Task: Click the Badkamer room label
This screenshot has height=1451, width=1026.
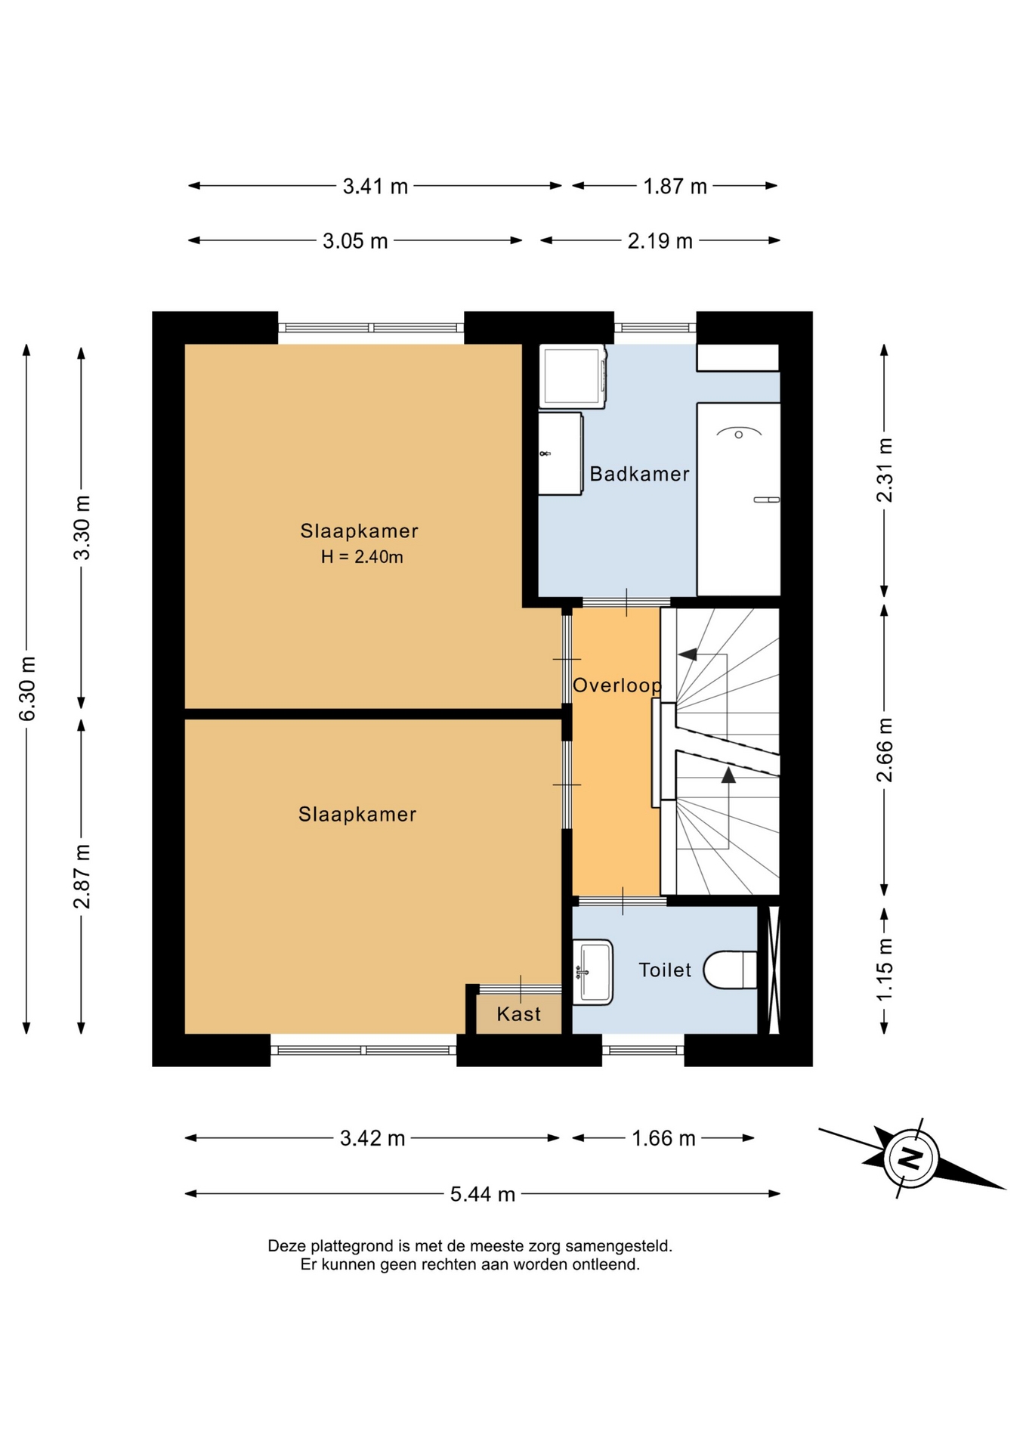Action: [x=639, y=474]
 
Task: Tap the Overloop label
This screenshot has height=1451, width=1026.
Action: [x=617, y=685]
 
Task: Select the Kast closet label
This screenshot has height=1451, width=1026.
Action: [x=518, y=1014]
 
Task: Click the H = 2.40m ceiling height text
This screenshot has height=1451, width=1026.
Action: [x=362, y=557]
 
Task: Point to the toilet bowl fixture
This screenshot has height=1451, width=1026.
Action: [x=730, y=970]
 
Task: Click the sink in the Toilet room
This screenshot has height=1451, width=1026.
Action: [x=592, y=972]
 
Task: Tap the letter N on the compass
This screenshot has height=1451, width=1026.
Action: [x=911, y=1157]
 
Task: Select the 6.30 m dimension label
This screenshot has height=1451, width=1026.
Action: [x=27, y=688]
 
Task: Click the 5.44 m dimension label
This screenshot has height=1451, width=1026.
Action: [x=483, y=1194]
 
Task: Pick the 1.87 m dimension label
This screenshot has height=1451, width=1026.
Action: [x=675, y=186]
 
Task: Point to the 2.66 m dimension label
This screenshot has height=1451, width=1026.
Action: [x=885, y=750]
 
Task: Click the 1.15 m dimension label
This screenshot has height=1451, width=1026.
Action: [x=885, y=969]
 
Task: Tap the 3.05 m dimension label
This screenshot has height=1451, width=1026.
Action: [x=355, y=241]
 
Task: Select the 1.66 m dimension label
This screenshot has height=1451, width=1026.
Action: [x=663, y=1138]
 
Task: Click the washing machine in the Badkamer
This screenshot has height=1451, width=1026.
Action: [x=573, y=376]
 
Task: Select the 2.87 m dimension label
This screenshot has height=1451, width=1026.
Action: [x=82, y=876]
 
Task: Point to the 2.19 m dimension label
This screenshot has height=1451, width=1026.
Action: [x=660, y=241]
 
